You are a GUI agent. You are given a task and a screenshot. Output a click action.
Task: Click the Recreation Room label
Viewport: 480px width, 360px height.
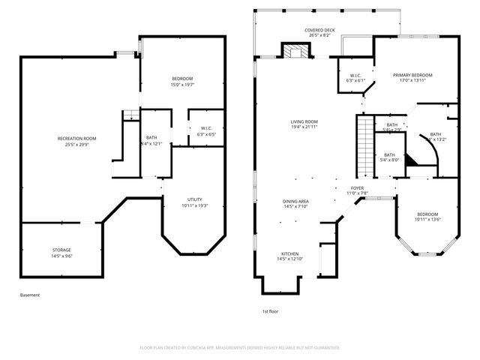[77, 139]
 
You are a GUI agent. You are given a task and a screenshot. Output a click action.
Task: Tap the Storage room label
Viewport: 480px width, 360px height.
[62, 250]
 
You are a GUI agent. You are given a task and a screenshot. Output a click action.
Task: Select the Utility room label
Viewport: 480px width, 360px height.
[195, 199]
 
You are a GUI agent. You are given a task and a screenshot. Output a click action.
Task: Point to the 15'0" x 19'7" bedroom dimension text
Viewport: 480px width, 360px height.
[182, 85]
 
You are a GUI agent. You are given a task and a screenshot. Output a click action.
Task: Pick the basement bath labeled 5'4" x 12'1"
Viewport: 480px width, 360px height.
[151, 140]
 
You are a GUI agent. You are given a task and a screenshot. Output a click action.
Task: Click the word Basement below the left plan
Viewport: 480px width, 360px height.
[30, 295]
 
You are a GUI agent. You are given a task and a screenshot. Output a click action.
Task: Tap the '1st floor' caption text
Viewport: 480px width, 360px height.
[271, 310]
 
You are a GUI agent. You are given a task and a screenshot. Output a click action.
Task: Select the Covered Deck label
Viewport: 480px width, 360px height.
[319, 31]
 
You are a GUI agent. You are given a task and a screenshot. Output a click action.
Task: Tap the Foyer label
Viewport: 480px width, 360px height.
[357, 188]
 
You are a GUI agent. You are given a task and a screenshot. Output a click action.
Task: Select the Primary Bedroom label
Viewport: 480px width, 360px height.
[412, 76]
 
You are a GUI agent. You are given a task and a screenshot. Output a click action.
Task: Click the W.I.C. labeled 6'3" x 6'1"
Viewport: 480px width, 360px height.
[355, 77]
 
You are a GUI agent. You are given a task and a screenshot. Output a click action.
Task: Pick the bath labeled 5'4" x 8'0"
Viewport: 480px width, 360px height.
[389, 157]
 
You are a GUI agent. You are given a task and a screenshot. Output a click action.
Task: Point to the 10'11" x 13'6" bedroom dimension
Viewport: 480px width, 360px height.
[427, 220]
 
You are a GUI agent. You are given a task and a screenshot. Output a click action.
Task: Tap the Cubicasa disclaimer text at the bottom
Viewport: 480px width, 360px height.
[240, 348]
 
